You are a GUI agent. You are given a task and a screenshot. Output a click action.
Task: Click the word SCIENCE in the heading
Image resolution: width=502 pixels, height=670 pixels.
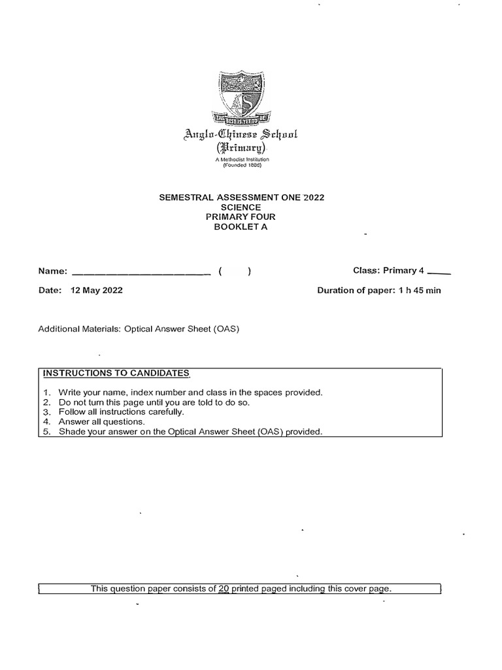(x=241, y=207)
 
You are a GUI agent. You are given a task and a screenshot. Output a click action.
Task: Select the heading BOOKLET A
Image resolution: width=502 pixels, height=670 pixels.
(x=241, y=227)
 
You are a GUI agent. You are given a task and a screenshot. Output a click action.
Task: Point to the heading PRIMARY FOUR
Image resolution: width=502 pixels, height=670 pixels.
(x=241, y=217)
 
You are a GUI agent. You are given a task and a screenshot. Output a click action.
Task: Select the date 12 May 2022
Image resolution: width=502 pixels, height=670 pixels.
(x=96, y=291)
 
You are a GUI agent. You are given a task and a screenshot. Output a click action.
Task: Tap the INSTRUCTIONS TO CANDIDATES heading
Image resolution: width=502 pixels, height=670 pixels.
(x=115, y=374)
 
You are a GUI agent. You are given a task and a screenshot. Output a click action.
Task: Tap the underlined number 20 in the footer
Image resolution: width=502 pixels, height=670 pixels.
(x=224, y=589)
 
